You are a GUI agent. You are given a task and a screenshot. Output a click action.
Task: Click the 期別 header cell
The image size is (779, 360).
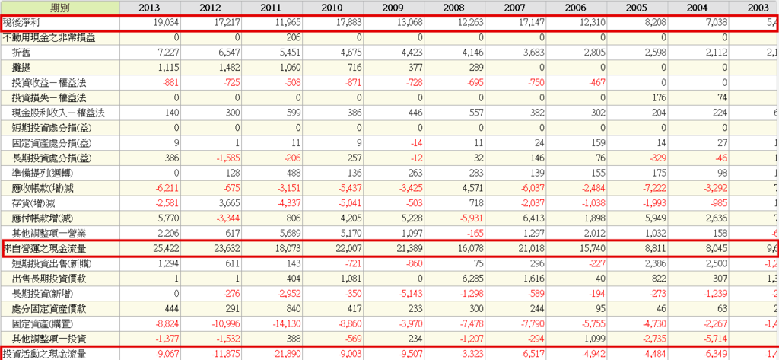(59, 8)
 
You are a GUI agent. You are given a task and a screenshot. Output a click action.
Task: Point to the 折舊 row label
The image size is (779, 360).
(23, 53)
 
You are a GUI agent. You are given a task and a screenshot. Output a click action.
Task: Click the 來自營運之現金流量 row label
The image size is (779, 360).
(53, 249)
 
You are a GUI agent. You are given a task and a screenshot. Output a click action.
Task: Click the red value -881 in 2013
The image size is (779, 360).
(168, 83)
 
